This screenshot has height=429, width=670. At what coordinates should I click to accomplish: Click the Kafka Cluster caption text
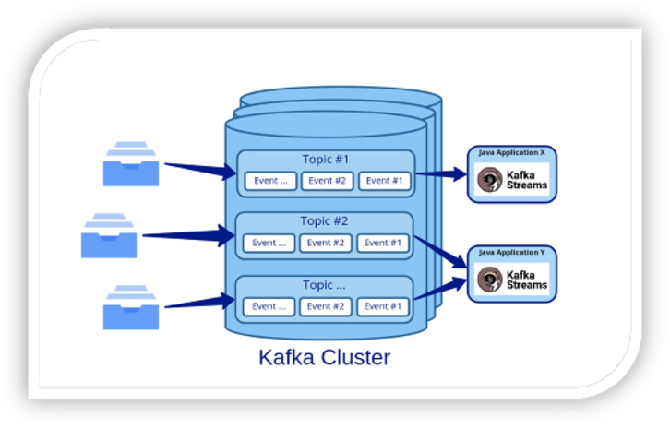click(324, 357)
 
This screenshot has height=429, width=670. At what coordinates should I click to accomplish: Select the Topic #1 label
click(326, 159)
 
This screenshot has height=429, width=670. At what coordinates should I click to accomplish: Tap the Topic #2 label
click(324, 221)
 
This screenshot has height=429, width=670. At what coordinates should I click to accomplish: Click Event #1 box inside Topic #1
click(384, 181)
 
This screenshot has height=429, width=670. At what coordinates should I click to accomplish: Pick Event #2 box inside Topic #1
click(327, 181)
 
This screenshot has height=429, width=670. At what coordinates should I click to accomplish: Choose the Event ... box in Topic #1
click(271, 181)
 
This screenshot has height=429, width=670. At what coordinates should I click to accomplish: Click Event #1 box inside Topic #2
click(382, 243)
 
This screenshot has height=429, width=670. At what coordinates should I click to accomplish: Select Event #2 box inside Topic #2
click(325, 243)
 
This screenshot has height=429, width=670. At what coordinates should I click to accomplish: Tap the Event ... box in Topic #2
click(269, 243)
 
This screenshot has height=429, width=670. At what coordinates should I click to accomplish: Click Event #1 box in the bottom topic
click(383, 306)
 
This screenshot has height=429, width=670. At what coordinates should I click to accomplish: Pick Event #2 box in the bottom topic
click(326, 306)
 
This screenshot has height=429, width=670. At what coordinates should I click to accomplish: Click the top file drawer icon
click(130, 163)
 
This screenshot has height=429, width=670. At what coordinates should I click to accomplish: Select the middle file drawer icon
click(109, 235)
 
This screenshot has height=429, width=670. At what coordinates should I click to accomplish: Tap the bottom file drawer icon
click(130, 307)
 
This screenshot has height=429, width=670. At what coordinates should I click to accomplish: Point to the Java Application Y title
click(511, 252)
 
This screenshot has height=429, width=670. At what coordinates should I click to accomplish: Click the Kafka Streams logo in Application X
click(512, 180)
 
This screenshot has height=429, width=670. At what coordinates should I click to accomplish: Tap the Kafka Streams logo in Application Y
click(512, 279)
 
